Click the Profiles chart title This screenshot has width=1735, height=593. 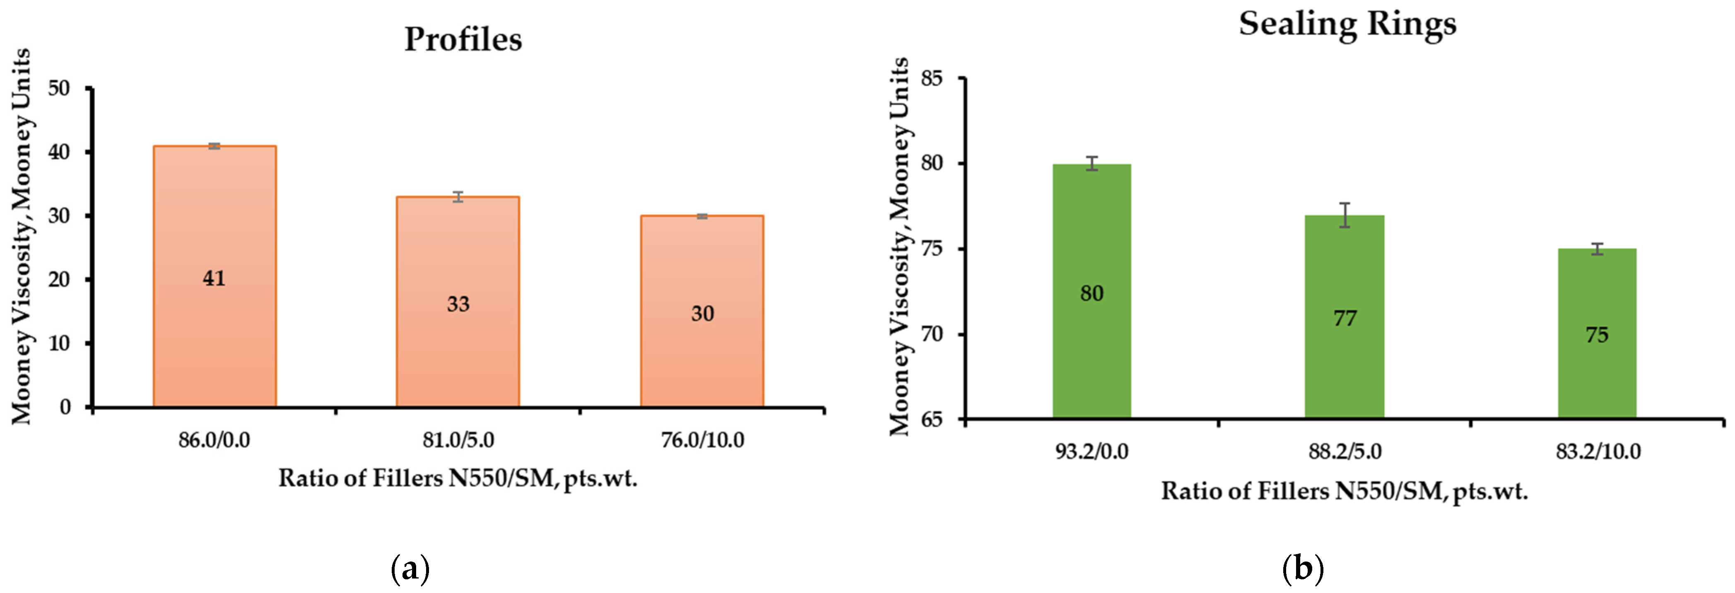tap(463, 39)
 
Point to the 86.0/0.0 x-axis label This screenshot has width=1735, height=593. tap(214, 440)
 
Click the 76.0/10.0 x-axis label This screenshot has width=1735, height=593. tap(702, 440)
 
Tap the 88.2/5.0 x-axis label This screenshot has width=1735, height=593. tap(1345, 451)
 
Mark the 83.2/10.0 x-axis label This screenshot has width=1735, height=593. tap(1598, 451)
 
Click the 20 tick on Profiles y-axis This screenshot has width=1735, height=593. tap(59, 279)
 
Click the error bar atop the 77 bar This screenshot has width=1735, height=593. tap(1345, 215)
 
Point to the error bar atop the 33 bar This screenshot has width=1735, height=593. tap(458, 197)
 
